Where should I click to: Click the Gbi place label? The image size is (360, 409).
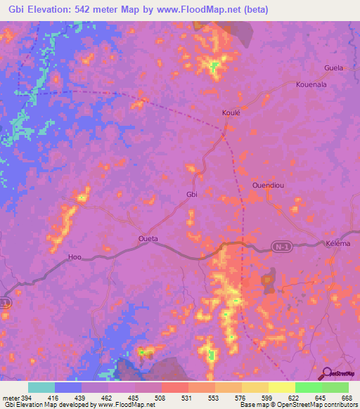click(191, 195)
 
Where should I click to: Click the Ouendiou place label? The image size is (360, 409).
click(267, 186)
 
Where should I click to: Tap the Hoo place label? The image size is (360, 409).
click(75, 257)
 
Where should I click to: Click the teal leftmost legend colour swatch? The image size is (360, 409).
click(41, 387)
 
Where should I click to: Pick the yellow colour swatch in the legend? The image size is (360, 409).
click(281, 387)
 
